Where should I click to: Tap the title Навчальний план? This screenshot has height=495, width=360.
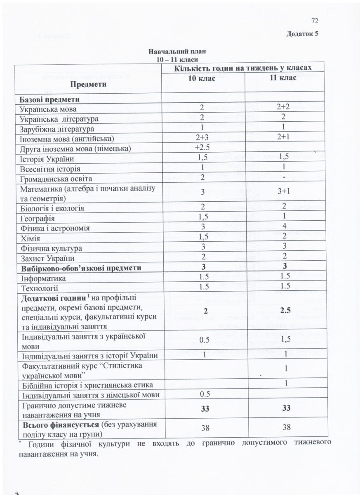point(177,52)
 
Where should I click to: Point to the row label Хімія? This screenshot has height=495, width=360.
point(29,238)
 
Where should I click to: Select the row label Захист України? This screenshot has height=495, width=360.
point(47,259)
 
